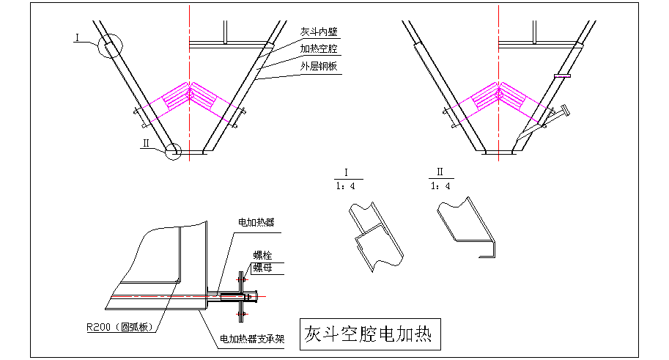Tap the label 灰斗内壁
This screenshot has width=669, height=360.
[x=319, y=33]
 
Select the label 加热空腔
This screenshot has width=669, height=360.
[x=319, y=48]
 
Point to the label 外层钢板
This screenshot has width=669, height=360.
[x=319, y=66]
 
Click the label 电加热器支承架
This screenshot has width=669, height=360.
[x=252, y=340]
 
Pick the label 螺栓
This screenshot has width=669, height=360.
[x=262, y=255]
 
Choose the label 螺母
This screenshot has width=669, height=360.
[x=262, y=268]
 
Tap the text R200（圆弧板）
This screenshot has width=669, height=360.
[x=120, y=327]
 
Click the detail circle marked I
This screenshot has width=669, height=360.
[x=109, y=47]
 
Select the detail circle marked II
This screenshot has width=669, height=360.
[x=174, y=152]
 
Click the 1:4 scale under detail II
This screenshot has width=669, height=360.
[x=440, y=185]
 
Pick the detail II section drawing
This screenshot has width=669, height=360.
[x=467, y=230]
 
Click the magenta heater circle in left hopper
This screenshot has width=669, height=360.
[x=190, y=94]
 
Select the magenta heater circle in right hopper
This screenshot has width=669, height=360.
[x=499, y=94]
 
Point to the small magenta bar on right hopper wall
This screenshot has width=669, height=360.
[x=563, y=75]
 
